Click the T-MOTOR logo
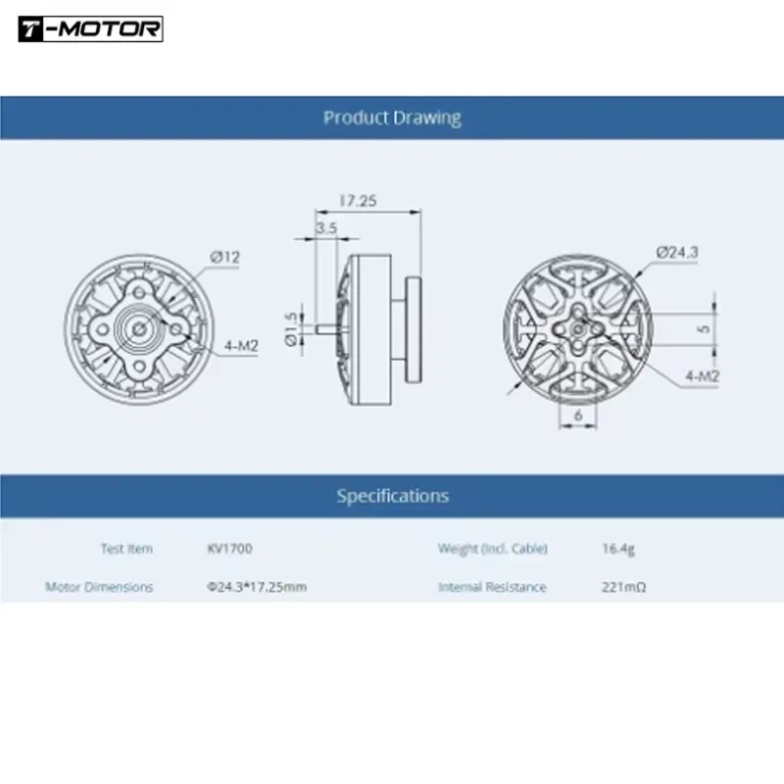pos(90,29)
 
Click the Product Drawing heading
pos(392,118)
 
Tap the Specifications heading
pos(392,496)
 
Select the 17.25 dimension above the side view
pos(358,200)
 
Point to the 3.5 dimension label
pos(326,227)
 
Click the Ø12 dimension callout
pos(224,258)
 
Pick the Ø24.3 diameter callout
pos(676,252)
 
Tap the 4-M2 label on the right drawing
pos(702,374)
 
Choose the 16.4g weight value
pos(618,549)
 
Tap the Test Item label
pos(126,549)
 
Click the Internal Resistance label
pos(492,587)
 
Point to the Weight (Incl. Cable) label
pos(492,549)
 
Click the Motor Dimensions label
pos(99,587)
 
